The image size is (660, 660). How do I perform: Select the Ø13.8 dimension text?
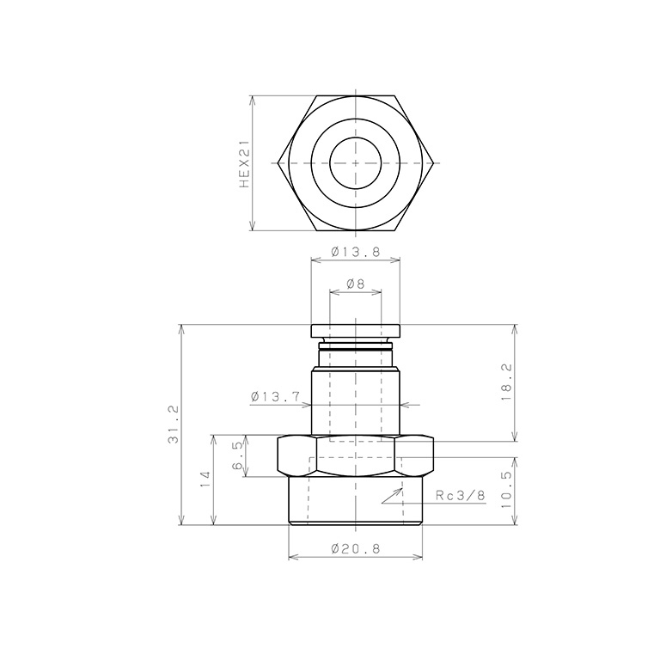[355, 253]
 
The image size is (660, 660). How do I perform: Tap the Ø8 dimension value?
[355, 284]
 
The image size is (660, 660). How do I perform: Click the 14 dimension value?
[205, 480]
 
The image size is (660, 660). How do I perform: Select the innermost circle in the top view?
[355, 162]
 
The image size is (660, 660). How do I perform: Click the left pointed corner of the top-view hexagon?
[279, 162]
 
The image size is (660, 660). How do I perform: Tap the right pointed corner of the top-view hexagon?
[431, 162]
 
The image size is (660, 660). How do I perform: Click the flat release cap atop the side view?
[355, 332]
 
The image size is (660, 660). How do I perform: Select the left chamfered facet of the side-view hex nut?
[296, 456]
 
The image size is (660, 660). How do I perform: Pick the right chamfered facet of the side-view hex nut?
[414, 456]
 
